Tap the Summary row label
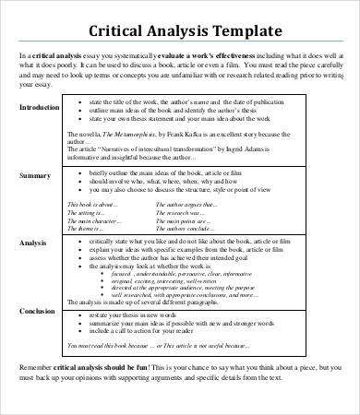point(35,174)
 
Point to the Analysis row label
point(34,243)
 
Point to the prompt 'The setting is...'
point(90,213)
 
